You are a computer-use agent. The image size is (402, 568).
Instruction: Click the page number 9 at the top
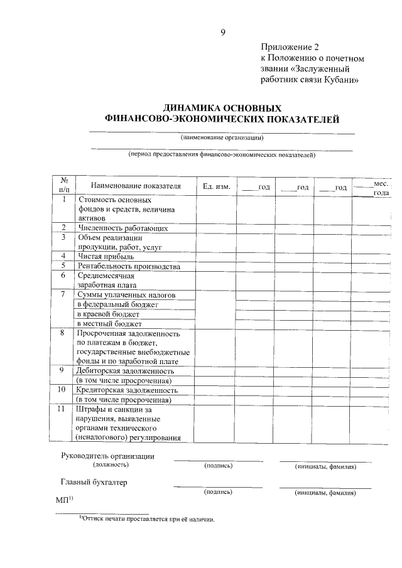tap(222, 33)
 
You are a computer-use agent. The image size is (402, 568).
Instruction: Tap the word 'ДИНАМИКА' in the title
tap(192, 107)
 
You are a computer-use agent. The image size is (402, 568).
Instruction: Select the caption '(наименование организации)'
tap(222, 137)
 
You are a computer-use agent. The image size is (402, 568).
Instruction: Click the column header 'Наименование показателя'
tap(135, 186)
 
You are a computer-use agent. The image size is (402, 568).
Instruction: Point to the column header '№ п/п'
tap(63, 184)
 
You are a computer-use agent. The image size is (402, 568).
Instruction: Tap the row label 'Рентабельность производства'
tap(129, 266)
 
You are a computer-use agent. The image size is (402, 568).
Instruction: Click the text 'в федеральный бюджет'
tap(117, 304)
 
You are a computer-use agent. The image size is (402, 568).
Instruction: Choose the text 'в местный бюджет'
tap(109, 323)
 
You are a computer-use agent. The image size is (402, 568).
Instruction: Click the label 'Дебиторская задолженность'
tap(125, 371)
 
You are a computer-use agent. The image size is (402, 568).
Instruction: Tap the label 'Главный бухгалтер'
tap(93, 482)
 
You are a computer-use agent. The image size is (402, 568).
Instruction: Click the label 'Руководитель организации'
tap(107, 456)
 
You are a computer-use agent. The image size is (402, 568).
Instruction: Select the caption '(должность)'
tap(111, 465)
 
